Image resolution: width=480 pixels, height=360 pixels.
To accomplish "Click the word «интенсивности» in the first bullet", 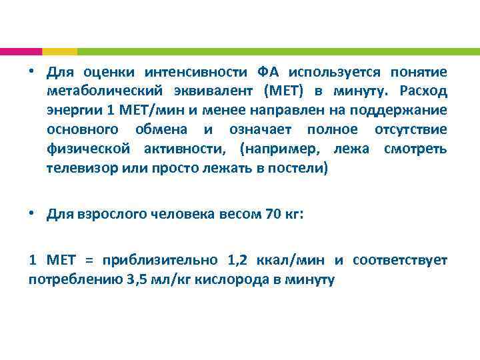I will coord(193,71).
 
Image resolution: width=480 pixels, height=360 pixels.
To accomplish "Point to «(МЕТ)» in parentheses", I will coord(284,91).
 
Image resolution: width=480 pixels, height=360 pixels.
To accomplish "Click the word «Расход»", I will coord(424,91).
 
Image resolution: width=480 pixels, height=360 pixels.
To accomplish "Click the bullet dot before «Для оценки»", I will coord(32,71).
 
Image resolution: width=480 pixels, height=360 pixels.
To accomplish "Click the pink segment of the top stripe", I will coord(21,51).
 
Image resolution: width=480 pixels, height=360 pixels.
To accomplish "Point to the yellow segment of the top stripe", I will coord(59,51).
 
